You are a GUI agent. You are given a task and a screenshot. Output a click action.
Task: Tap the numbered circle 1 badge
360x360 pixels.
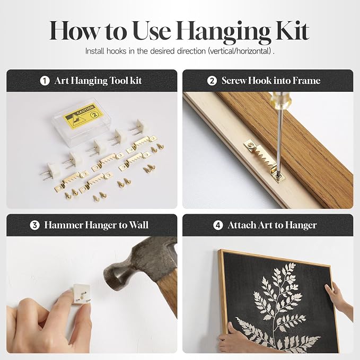pos(45,81)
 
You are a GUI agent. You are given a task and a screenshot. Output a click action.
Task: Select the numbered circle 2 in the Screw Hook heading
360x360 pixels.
pos(212,81)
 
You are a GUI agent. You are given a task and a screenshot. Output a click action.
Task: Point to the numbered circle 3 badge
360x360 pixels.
pos(34,225)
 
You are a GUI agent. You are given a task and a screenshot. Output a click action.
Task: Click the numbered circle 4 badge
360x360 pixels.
pos(218,225)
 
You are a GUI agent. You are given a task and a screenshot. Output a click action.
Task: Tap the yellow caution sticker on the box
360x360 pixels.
pos(83,116)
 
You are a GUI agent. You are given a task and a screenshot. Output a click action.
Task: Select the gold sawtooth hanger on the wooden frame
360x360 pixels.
pos(265,161)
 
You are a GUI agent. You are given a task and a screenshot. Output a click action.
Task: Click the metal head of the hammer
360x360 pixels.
pos(138,264)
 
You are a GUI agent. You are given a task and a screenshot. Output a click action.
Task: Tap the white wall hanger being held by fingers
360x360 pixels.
pos(81,294)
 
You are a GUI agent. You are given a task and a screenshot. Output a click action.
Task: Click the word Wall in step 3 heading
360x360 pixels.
pos(138,225)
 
